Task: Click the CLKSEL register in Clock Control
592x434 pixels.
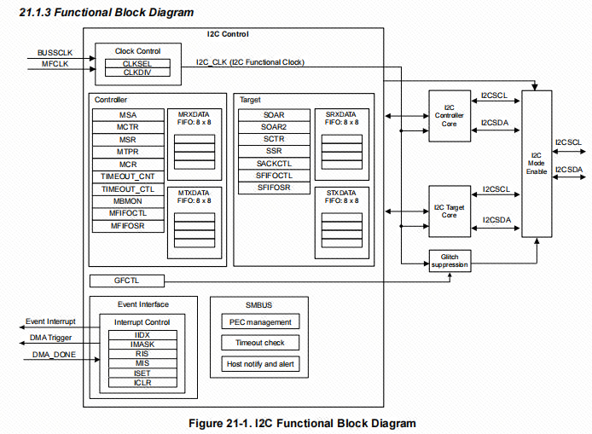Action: coord(136,64)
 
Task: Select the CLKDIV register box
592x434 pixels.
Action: coord(136,72)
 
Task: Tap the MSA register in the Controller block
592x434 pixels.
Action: coord(128,115)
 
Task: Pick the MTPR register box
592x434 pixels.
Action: coord(128,151)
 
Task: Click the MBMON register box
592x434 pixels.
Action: coord(128,201)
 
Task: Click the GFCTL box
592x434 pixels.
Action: coord(126,281)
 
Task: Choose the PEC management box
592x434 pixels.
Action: coord(260,322)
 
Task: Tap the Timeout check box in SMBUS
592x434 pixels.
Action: coord(260,343)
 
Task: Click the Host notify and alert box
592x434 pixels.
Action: coord(260,364)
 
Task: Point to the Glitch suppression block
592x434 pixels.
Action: coord(449,261)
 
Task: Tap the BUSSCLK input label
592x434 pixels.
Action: coord(55,53)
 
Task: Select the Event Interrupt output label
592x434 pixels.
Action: coord(50,321)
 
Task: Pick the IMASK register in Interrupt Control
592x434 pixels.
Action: coord(142,344)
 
